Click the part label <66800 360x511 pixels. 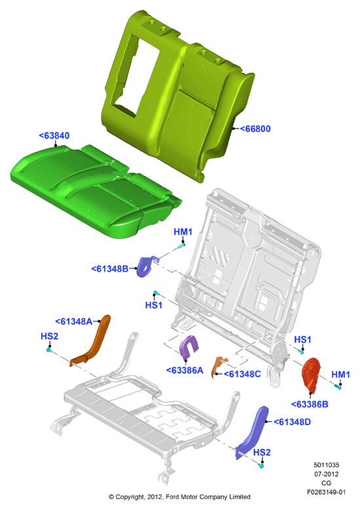pos(255,129)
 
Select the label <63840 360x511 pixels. pos(54,135)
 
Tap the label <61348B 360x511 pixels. pos(110,269)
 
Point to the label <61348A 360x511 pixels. pos(73,321)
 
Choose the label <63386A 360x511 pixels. pos(185,370)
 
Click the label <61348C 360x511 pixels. pos(243,374)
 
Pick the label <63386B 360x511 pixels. pos(310,405)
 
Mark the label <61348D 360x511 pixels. pos(292,422)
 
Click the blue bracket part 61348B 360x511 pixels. pos(146,266)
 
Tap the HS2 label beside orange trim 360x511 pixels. pos(50,336)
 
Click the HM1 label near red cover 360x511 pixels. pos(341,375)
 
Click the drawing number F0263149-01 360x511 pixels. pos(326,492)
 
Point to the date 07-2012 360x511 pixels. pos(326,474)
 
